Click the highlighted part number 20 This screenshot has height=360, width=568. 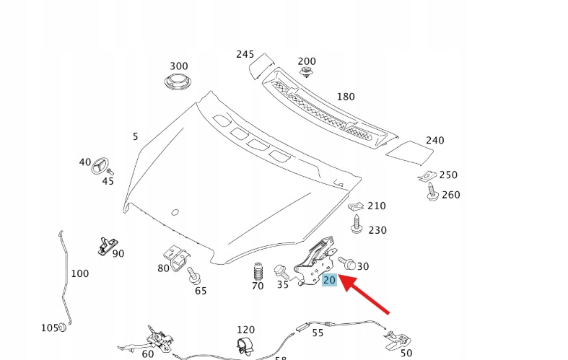coord(329,280)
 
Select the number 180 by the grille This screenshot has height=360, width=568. coord(346,96)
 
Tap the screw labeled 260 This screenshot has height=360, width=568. coord(432,192)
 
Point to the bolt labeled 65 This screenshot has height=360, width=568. coord(193,276)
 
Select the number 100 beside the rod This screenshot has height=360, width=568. coord(80,273)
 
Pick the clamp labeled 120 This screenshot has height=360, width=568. coord(245,345)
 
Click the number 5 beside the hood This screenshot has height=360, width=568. coord(135,136)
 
